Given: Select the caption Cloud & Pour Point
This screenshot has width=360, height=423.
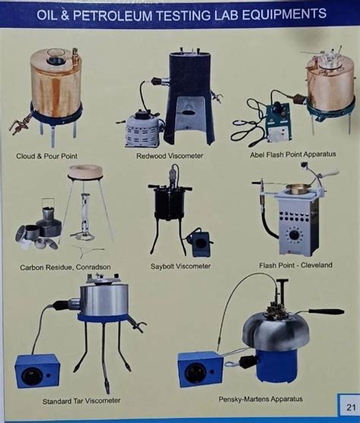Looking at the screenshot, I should [47, 156].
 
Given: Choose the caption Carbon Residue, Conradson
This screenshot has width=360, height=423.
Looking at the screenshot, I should [65, 267].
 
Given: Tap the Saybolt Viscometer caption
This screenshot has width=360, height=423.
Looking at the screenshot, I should [180, 267].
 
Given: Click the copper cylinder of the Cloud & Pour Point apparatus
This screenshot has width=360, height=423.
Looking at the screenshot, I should [55, 84].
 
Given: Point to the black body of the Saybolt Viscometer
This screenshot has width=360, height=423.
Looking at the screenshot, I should [171, 206].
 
